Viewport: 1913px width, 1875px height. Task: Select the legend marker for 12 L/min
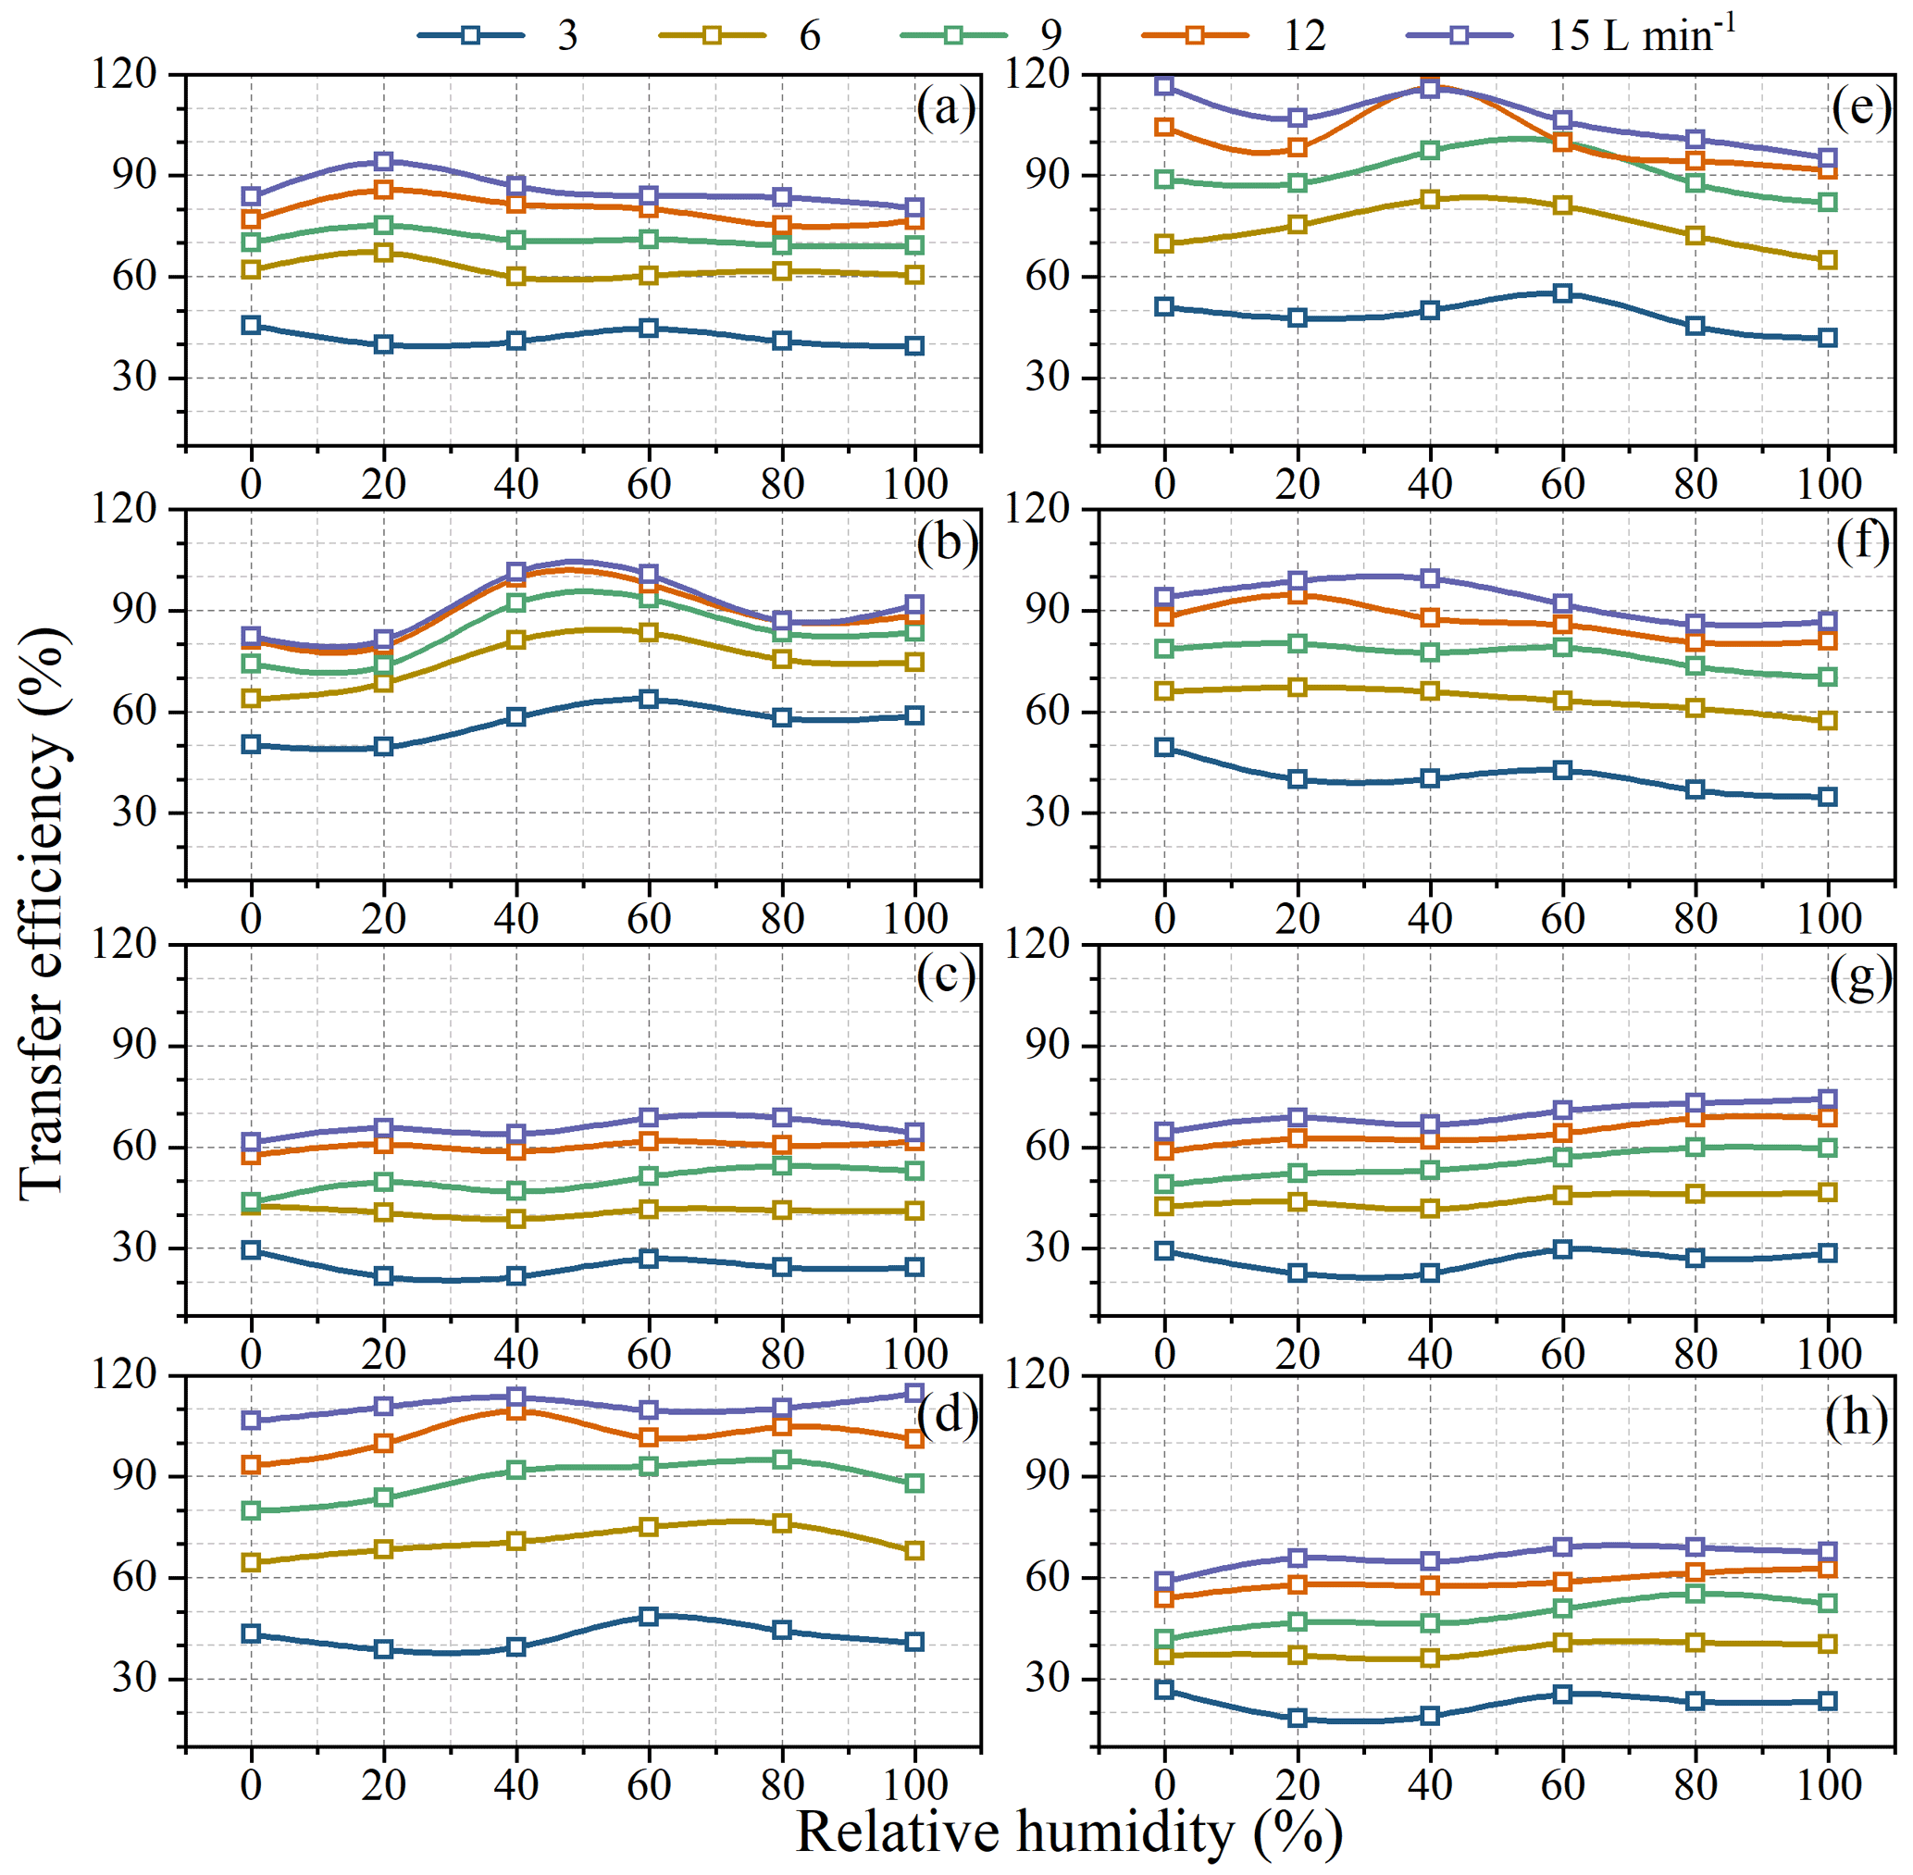coord(1195,35)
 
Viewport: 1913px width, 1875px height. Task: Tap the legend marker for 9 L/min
coord(953,35)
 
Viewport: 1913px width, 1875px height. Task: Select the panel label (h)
coord(1856,1417)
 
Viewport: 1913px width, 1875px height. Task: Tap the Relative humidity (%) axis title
coord(1068,1832)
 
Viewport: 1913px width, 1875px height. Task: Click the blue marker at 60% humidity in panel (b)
coord(648,699)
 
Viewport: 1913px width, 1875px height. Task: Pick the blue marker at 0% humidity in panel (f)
coord(1164,748)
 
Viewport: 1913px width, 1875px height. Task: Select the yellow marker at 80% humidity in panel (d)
coord(782,1523)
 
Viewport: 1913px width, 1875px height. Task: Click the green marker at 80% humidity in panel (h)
coord(1696,1594)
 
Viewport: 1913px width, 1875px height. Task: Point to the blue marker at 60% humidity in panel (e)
coord(1562,293)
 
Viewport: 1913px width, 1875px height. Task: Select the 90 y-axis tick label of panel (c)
coord(135,1046)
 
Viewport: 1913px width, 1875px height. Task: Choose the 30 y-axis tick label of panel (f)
coord(1048,813)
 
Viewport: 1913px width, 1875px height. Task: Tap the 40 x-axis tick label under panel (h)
coord(1430,1785)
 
